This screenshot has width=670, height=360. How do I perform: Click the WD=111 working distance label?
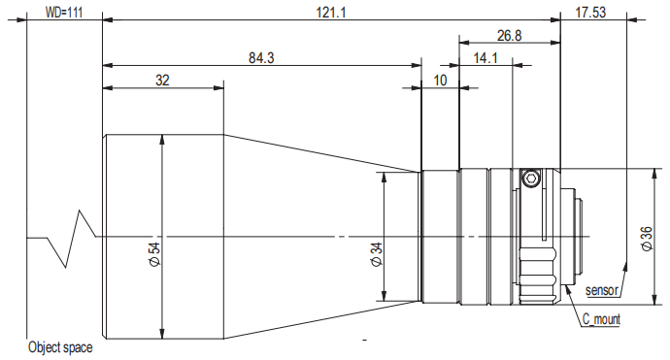tap(64, 13)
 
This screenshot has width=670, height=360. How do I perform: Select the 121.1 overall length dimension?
tap(331, 13)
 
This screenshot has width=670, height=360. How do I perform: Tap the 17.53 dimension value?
tap(590, 12)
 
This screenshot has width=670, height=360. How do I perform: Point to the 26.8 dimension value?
tap(510, 36)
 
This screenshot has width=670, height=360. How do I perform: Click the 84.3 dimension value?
tap(261, 57)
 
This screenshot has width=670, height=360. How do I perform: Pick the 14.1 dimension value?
tap(486, 57)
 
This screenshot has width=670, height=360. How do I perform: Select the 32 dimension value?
tap(162, 81)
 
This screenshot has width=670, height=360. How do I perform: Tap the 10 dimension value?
tap(440, 81)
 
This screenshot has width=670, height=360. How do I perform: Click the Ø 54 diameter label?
tap(154, 254)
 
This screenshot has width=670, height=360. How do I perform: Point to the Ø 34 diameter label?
tap(377, 254)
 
